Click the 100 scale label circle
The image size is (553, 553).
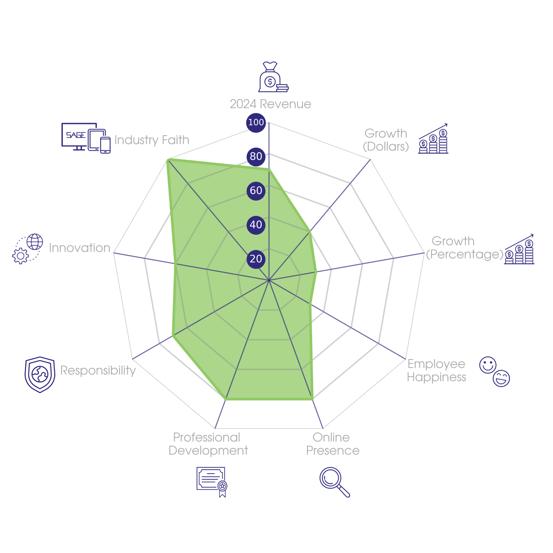(x=256, y=122)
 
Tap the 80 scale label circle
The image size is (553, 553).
(x=256, y=156)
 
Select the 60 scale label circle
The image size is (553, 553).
(x=256, y=190)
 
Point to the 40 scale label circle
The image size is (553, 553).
(x=256, y=225)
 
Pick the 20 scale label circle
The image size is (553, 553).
(x=256, y=259)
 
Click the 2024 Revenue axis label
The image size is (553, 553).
(x=270, y=104)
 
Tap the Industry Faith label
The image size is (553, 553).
(x=152, y=140)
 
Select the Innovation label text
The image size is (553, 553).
(x=79, y=248)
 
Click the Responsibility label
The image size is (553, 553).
(x=98, y=371)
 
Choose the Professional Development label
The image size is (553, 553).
(x=208, y=444)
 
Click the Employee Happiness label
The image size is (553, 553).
(x=437, y=371)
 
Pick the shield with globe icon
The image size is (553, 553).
(x=40, y=374)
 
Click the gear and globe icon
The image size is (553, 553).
(x=28, y=249)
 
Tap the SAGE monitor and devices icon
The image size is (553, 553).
(x=86, y=138)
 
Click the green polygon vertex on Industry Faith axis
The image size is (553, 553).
(x=167, y=159)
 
